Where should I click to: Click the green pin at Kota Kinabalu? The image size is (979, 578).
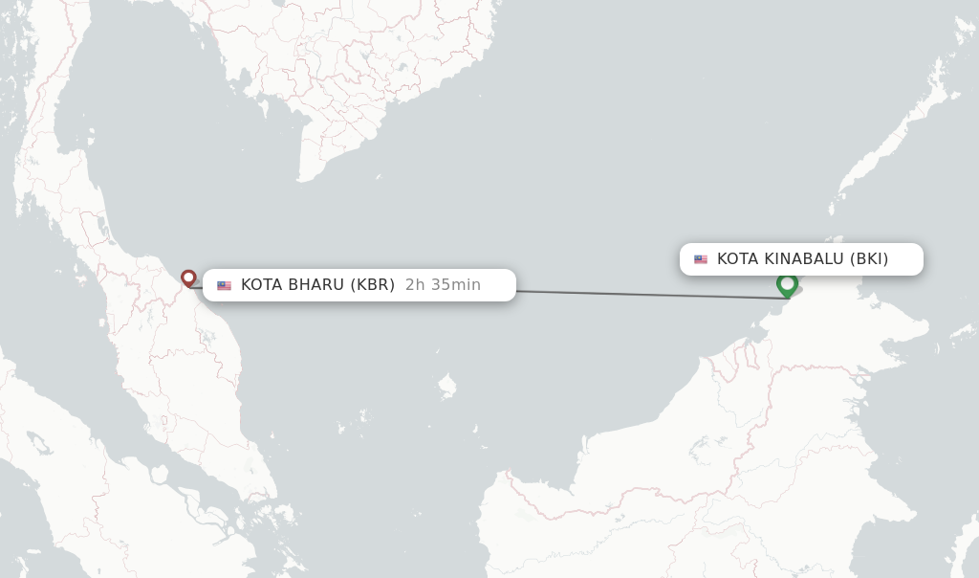pyautogui.click(x=787, y=284)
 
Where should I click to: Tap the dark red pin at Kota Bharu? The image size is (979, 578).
pyautogui.click(x=188, y=278)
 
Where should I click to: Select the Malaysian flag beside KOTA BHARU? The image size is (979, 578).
pyautogui.click(x=224, y=285)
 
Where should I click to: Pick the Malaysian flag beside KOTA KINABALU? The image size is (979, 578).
pyautogui.click(x=701, y=259)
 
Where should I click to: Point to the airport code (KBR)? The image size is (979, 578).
pyautogui.click(x=372, y=285)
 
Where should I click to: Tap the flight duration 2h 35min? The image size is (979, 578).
pyautogui.click(x=443, y=285)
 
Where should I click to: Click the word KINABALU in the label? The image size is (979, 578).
pyautogui.click(x=805, y=259)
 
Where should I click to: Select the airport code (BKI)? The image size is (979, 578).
pyautogui.click(x=869, y=259)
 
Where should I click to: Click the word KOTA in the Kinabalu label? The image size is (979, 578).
pyautogui.click(x=738, y=259)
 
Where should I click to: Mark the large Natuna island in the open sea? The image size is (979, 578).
pyautogui.click(x=446, y=387)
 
